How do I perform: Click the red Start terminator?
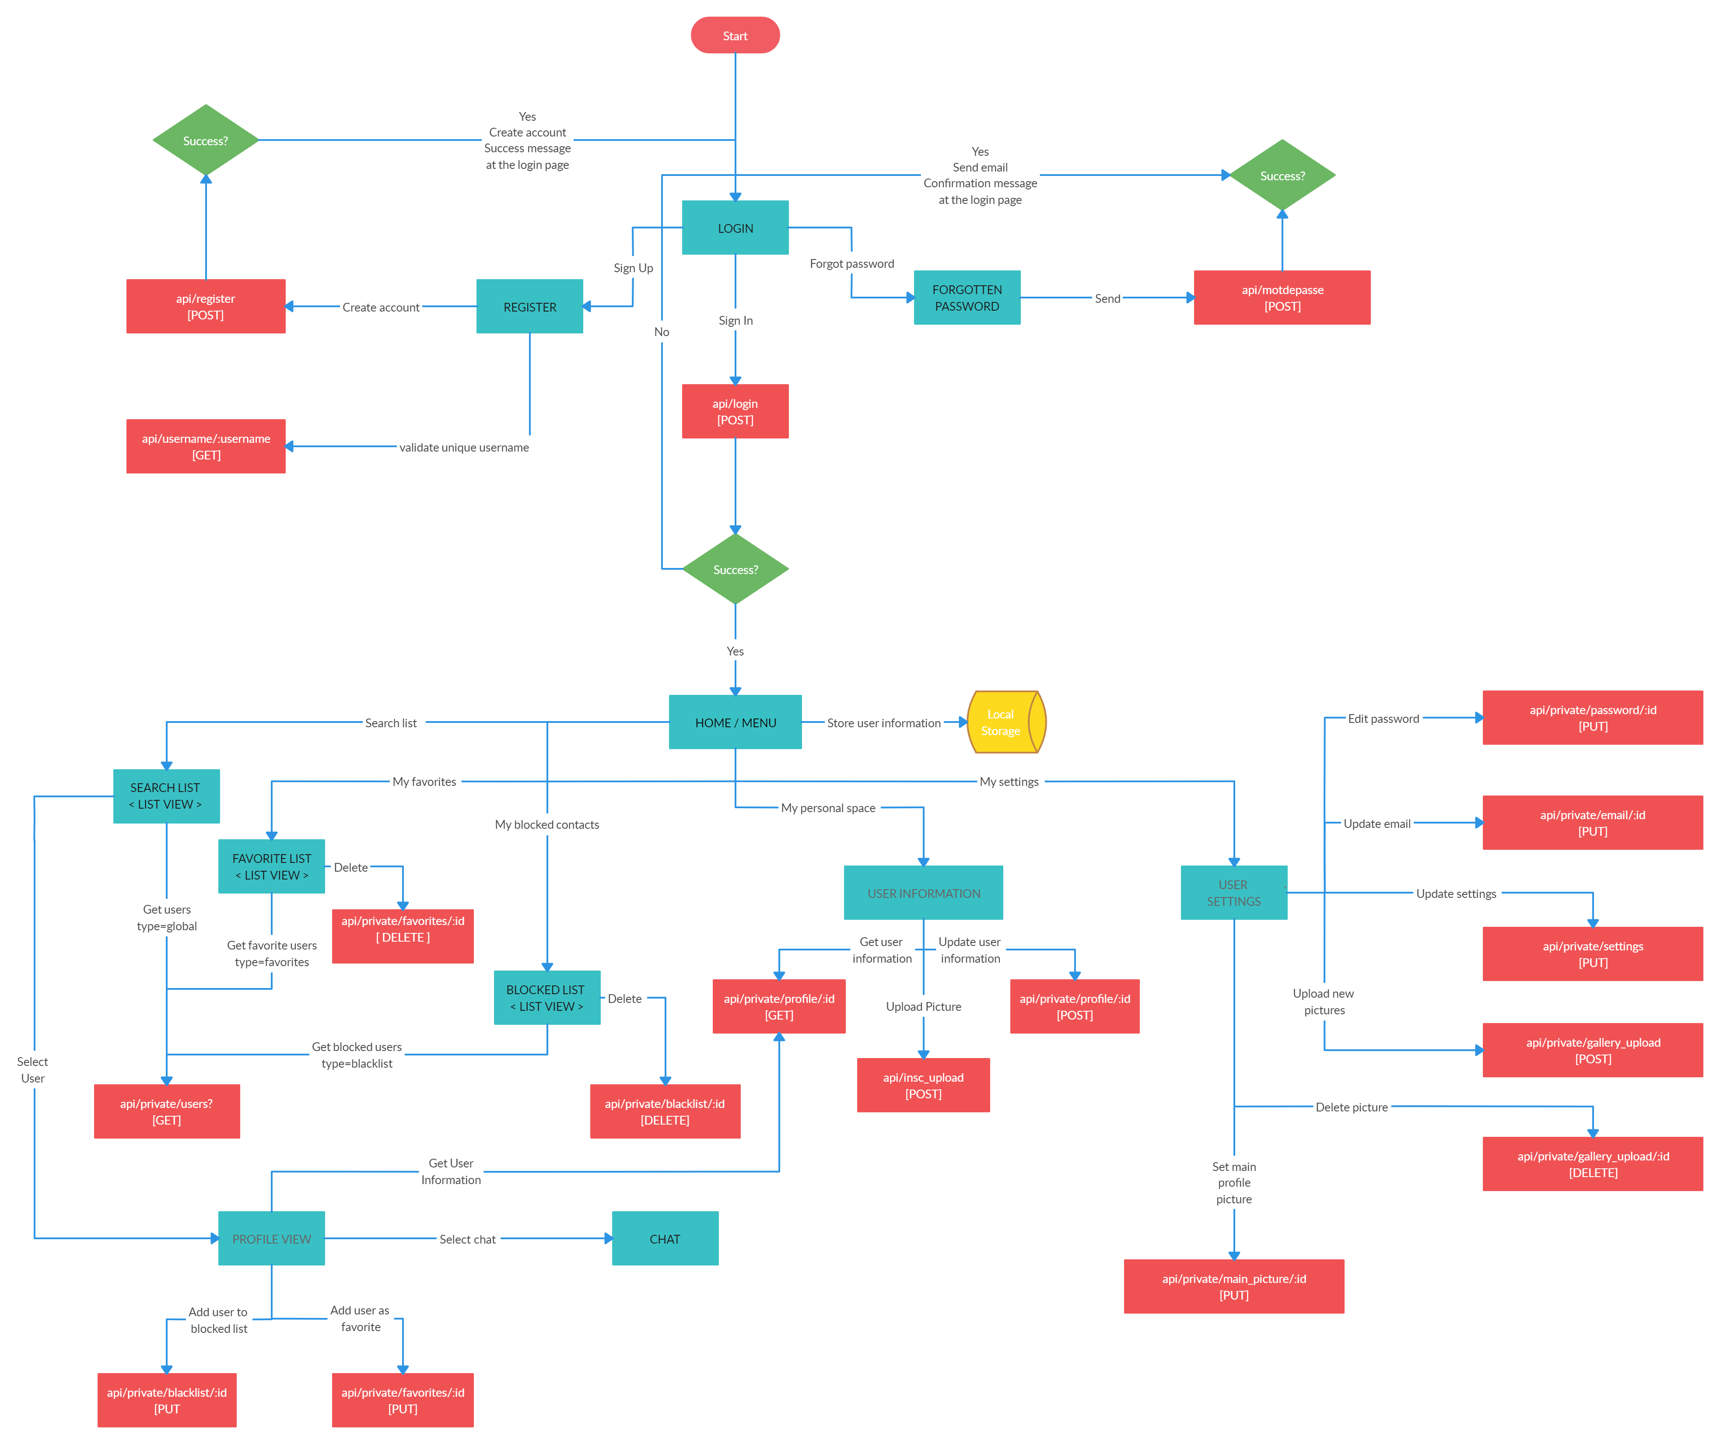tap(735, 35)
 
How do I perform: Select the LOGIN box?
tap(735, 228)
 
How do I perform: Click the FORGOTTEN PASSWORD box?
tap(967, 297)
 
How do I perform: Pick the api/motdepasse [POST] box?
tap(1282, 297)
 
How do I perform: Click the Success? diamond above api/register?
tap(206, 140)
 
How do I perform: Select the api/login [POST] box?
tap(735, 411)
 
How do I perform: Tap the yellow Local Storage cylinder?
tap(1006, 722)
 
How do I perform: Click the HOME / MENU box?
tap(735, 722)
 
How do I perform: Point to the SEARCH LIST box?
tap(166, 796)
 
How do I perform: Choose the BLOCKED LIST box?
tap(546, 997)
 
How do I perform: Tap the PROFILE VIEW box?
tap(271, 1237)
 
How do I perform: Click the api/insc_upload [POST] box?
tap(923, 1084)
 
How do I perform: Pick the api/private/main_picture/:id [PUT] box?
tap(1233, 1286)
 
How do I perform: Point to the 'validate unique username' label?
tap(463, 447)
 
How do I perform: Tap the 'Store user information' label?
tap(884, 722)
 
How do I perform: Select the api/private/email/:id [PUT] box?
tap(1592, 822)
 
